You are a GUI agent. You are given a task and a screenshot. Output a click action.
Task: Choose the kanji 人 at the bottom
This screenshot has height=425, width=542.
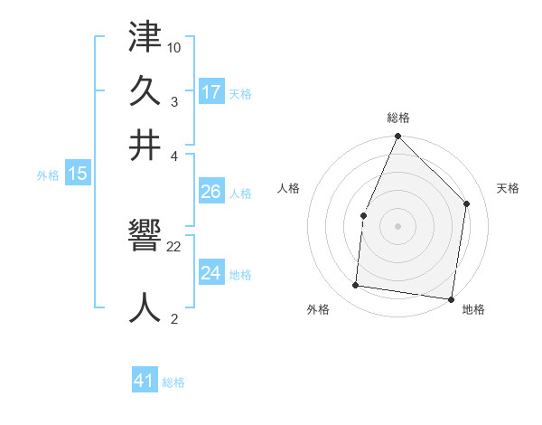pyautogui.click(x=145, y=307)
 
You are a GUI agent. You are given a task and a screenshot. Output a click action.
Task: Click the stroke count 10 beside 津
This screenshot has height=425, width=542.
pyautogui.click(x=174, y=46)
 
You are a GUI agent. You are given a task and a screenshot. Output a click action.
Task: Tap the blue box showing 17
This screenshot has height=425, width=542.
pyautogui.click(x=211, y=91)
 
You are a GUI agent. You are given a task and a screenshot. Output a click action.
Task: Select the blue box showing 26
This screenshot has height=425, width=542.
pyautogui.click(x=211, y=192)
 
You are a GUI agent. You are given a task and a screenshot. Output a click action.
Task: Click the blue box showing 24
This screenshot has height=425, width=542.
pyautogui.click(x=211, y=272)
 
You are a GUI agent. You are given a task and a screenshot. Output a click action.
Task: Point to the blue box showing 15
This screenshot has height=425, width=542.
pyautogui.click(x=78, y=174)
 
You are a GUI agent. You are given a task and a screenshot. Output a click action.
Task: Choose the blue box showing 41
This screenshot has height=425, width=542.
pyautogui.click(x=145, y=381)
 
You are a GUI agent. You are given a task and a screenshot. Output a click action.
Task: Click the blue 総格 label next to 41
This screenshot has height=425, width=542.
pyautogui.click(x=173, y=382)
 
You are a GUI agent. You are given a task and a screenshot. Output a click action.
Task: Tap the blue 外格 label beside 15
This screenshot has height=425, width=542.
pyautogui.click(x=48, y=175)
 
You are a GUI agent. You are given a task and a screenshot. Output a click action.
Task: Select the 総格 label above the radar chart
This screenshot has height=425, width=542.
pyautogui.click(x=398, y=118)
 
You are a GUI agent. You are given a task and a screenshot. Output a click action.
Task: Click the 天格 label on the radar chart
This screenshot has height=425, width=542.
pyautogui.click(x=508, y=188)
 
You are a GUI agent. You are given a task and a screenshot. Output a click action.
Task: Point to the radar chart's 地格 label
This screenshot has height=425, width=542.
pyautogui.click(x=472, y=309)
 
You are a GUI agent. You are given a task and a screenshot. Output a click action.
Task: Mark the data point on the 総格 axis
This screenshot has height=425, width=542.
pyautogui.click(x=397, y=137)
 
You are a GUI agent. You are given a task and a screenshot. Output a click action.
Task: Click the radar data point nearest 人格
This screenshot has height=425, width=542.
pyautogui.click(x=363, y=215)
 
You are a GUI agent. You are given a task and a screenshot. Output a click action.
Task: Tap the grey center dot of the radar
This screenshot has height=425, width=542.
pyautogui.click(x=397, y=225)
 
